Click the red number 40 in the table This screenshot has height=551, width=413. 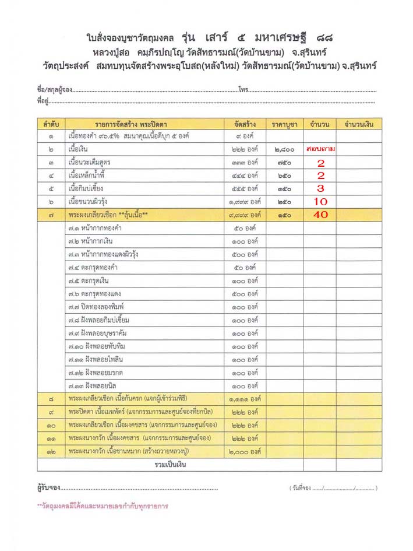coord(320,215)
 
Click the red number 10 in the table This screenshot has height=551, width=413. coord(320,202)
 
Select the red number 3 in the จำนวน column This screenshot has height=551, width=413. coord(320,188)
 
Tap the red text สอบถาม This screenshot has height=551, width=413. coord(320,149)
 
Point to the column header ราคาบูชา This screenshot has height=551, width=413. coord(285,124)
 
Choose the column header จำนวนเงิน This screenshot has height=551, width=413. coord(358,124)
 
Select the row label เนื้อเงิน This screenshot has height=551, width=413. coord(78,149)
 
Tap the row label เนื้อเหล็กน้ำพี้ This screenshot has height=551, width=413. coord(88,176)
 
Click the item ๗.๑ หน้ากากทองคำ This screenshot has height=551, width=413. coord(96,228)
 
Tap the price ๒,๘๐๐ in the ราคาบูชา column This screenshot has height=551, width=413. coord(285,149)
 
